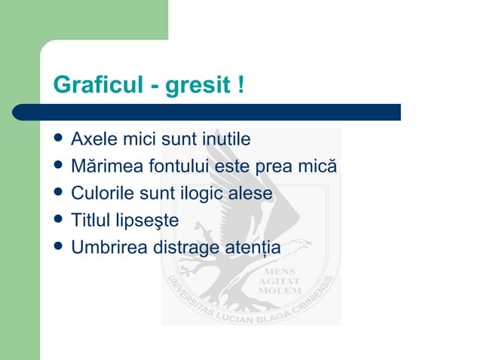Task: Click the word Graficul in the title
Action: coord(97,85)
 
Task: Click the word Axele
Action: coord(92,139)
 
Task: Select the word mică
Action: coord(317,166)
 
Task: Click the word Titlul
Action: coord(89,221)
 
